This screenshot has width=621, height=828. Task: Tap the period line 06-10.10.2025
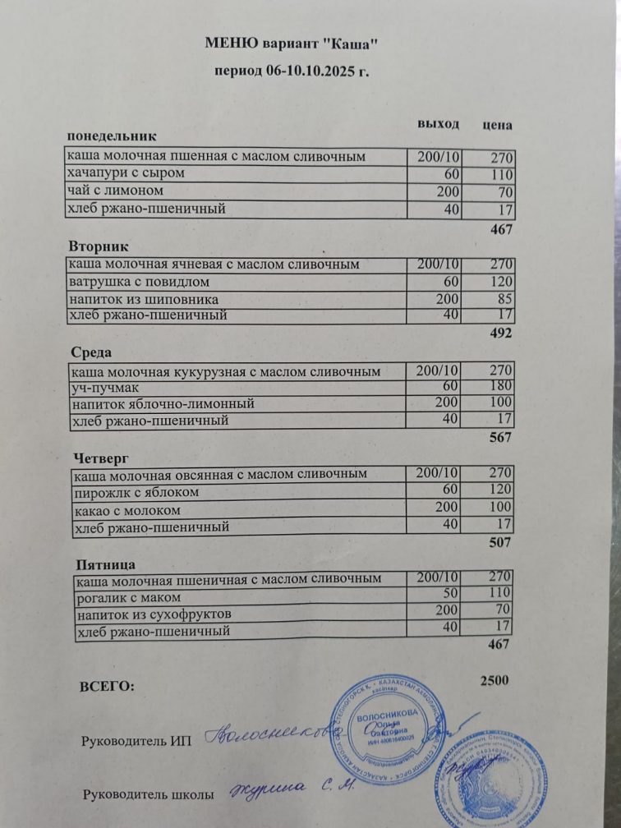coord(292,71)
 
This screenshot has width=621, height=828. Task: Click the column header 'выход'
coord(438,125)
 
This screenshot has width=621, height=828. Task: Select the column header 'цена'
coord(498,126)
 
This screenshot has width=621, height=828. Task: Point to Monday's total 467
coord(501,230)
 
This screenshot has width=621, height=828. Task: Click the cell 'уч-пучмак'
coord(105,387)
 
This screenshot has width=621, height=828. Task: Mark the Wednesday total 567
coord(499,438)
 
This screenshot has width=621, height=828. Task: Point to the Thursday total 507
coord(499,542)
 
